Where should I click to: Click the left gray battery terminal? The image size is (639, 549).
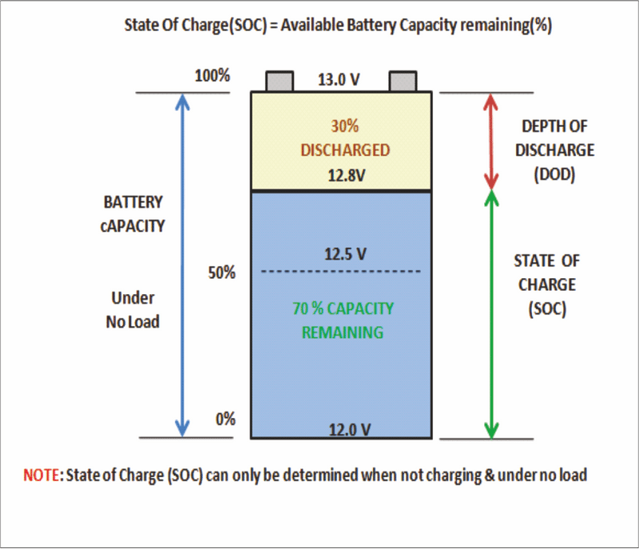(280, 81)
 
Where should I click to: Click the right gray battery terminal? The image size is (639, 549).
(403, 81)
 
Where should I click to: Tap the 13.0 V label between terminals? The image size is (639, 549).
(339, 79)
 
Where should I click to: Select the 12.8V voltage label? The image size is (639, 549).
(347, 175)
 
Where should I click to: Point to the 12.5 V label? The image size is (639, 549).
(345, 254)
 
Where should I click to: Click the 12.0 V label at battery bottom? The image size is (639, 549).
(350, 430)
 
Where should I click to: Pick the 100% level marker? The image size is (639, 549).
(212, 76)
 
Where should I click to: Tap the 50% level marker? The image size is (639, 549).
(222, 273)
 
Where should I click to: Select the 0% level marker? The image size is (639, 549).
(225, 419)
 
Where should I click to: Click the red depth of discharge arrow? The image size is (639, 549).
(490, 141)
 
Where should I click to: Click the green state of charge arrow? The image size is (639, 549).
(491, 315)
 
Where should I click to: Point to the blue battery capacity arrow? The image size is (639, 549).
(182, 265)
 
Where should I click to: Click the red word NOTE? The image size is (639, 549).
(42, 475)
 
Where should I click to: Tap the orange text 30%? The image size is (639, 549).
(345, 126)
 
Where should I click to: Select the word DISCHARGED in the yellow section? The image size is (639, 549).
(345, 150)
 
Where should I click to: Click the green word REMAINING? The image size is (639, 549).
(343, 332)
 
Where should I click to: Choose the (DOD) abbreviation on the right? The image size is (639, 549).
(554, 174)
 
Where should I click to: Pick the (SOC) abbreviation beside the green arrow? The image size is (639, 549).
(547, 309)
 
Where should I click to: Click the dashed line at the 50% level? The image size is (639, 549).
(341, 271)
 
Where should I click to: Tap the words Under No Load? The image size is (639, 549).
(133, 310)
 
